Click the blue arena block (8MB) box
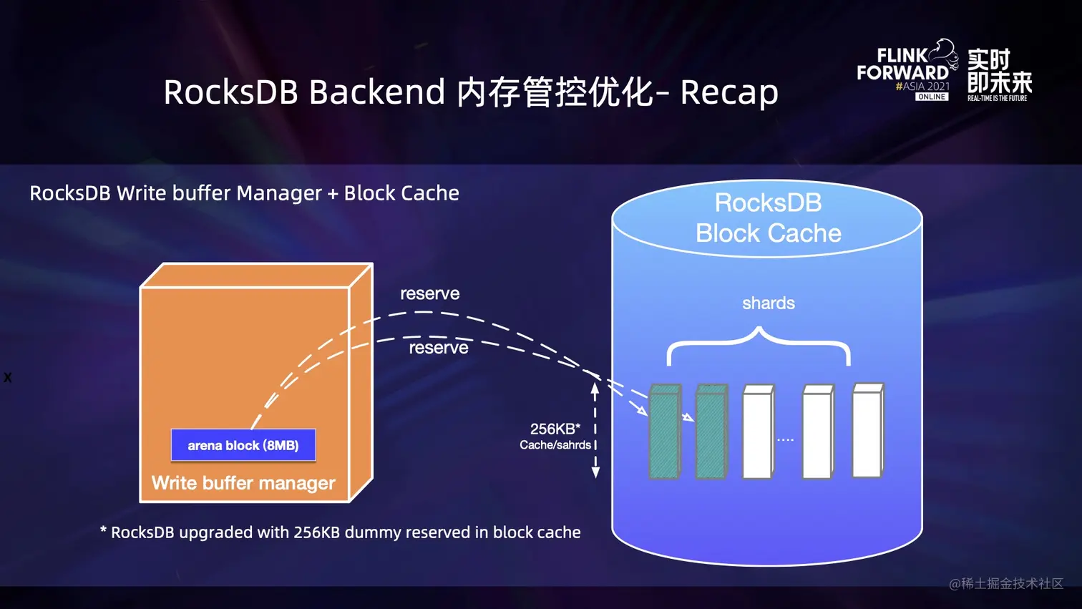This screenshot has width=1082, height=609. pos(243,445)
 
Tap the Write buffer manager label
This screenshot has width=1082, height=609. pos(243,483)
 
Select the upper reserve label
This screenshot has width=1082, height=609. pos(429,293)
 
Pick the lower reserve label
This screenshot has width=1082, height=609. pos(438,348)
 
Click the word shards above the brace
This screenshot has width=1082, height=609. pos(768,303)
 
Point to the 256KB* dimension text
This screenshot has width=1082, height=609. pos(555,429)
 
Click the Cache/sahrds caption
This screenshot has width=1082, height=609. pos(555,445)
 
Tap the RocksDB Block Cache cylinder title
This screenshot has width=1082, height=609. pos(768,218)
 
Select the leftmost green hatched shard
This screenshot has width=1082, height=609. pos(664,433)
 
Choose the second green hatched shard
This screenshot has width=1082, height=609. pos(711,433)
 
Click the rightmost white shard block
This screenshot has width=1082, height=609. pos(867,431)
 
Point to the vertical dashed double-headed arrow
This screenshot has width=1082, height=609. pos(595,429)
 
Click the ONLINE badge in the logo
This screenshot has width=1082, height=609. pos(932,97)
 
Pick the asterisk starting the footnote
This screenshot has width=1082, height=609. pos(103,530)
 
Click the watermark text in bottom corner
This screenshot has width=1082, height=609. pos(1005,584)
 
